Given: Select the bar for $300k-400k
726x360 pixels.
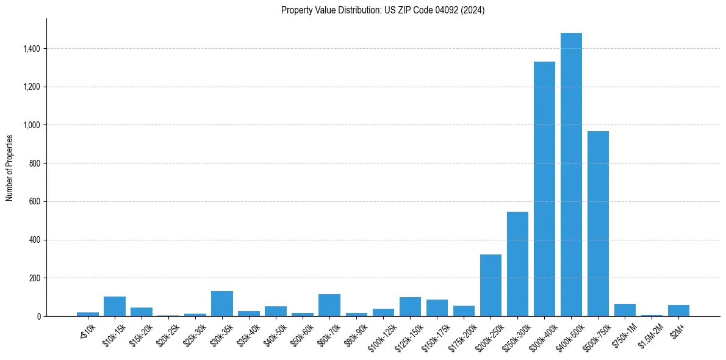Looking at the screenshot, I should [x=544, y=189].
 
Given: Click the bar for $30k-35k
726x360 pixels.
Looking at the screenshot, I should [x=222, y=304].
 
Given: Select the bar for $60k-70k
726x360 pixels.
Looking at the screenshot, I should [x=329, y=305].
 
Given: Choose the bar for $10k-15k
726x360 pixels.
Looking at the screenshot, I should [x=115, y=306].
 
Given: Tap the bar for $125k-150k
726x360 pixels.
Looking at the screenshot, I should [x=410, y=307].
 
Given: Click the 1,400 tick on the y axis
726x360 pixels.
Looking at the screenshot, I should [x=31, y=49].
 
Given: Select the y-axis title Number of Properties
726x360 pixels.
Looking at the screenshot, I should [x=10, y=167].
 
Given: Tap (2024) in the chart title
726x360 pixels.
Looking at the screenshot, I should [x=474, y=10].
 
